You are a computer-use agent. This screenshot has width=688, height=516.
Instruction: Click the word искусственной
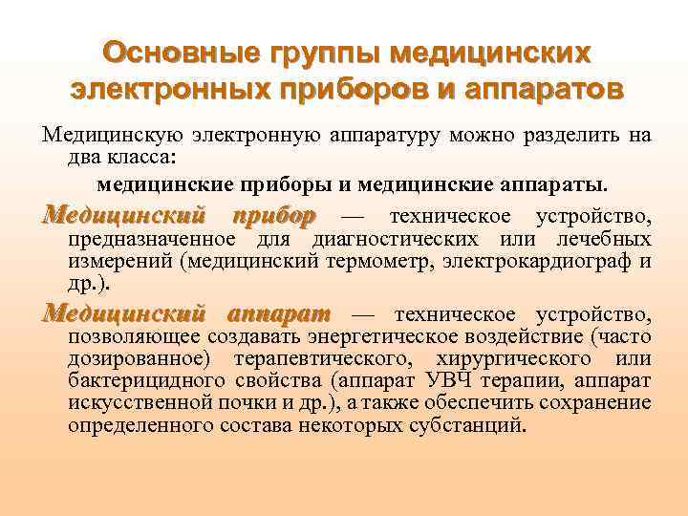coord(135,402)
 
